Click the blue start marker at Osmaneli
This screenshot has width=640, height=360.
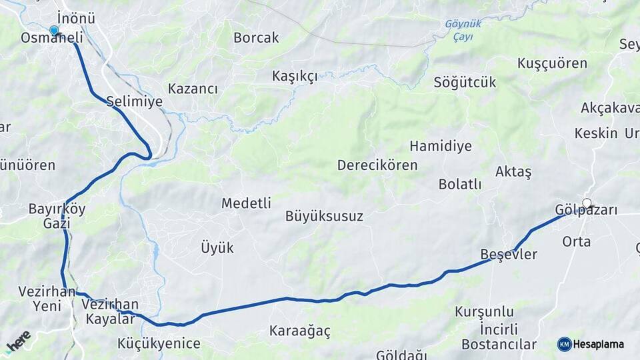coord(54,30)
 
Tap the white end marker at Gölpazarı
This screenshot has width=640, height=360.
coord(587,203)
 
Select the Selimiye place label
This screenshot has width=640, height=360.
coord(134,102)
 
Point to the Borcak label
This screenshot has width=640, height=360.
coord(256,38)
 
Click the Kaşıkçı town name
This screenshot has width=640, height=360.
coord(295,76)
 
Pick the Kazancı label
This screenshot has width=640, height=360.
coord(193,89)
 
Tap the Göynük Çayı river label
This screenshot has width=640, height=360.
coord(463,30)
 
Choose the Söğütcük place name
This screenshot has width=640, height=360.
coord(465,83)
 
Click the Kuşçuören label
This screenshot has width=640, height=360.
coord(552,63)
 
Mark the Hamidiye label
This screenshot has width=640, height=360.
coord(440,146)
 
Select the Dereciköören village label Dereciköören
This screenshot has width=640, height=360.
coord(377,165)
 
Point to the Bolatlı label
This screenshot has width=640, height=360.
coord(459,185)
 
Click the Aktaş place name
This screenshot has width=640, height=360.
coord(513,172)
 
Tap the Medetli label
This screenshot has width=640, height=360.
coord(246,203)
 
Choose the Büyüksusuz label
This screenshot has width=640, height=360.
coord(324,216)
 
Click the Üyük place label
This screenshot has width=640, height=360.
coord(217,248)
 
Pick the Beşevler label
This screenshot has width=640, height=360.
coord(509,255)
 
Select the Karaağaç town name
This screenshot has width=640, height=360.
coord(299,331)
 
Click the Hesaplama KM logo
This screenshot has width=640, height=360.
coord(590,344)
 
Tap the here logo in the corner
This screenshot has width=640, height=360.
coord(18,341)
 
